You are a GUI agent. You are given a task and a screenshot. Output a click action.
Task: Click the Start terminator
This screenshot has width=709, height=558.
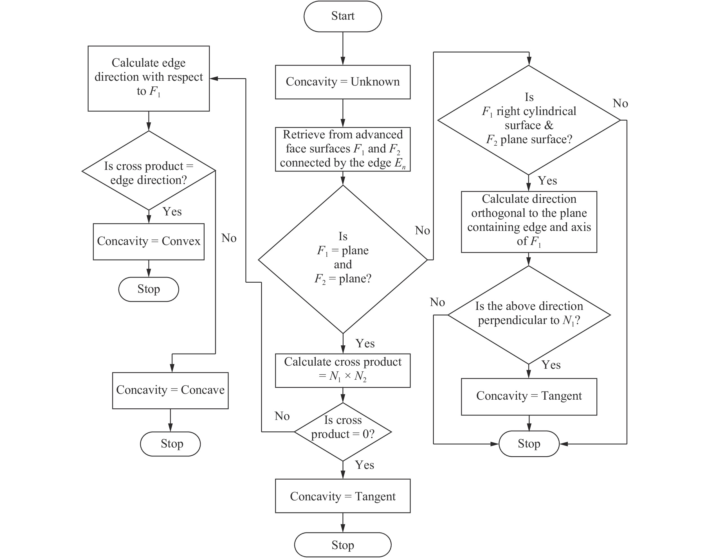point(342,16)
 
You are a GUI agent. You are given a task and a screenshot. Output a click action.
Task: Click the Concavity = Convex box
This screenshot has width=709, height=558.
point(149,241)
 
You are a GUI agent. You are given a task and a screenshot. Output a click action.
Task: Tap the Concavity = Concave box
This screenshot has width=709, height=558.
point(170,390)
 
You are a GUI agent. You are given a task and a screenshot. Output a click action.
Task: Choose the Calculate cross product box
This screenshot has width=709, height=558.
point(342,370)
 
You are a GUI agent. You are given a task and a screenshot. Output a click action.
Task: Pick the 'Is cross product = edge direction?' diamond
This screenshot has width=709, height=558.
point(149,170)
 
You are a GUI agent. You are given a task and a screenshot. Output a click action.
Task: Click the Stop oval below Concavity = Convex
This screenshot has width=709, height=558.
point(149,289)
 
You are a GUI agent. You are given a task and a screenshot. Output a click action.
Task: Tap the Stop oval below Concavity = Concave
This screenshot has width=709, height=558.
point(170,444)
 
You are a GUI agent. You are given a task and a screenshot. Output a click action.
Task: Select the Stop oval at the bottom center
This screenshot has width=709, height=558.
point(342,544)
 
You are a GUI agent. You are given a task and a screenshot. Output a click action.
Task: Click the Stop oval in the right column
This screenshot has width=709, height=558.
point(529,444)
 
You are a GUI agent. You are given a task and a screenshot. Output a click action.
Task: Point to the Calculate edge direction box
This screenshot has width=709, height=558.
point(149,78)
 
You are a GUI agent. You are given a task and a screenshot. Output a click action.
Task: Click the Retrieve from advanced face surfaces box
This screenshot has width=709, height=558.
point(342,149)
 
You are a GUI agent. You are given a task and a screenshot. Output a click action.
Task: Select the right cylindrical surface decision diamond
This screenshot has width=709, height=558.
point(529,120)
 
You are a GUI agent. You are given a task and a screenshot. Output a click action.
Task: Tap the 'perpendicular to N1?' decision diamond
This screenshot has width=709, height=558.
point(529,315)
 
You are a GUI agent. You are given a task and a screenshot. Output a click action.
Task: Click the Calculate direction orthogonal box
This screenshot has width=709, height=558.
point(529,222)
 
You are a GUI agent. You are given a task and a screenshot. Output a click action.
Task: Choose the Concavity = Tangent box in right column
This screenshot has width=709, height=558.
point(529,396)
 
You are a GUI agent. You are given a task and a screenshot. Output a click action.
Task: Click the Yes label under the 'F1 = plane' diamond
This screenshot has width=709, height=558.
point(365,344)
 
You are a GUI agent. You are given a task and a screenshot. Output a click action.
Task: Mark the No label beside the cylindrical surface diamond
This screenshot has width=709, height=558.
point(620,103)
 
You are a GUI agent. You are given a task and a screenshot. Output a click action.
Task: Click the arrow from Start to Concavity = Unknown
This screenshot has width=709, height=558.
point(343,48)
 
